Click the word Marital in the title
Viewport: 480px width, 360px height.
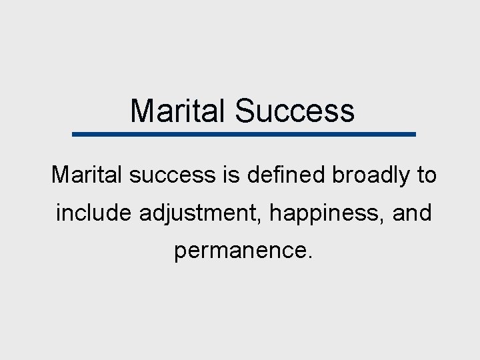click(x=179, y=111)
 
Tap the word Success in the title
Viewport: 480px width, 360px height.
click(x=294, y=111)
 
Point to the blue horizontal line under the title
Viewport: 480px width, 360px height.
click(x=243, y=134)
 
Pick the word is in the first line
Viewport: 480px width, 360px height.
click(x=227, y=175)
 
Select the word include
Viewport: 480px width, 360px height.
click(x=94, y=213)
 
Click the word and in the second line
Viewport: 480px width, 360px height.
click(x=411, y=213)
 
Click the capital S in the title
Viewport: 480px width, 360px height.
click(x=244, y=111)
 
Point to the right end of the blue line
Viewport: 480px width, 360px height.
click(x=413, y=134)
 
